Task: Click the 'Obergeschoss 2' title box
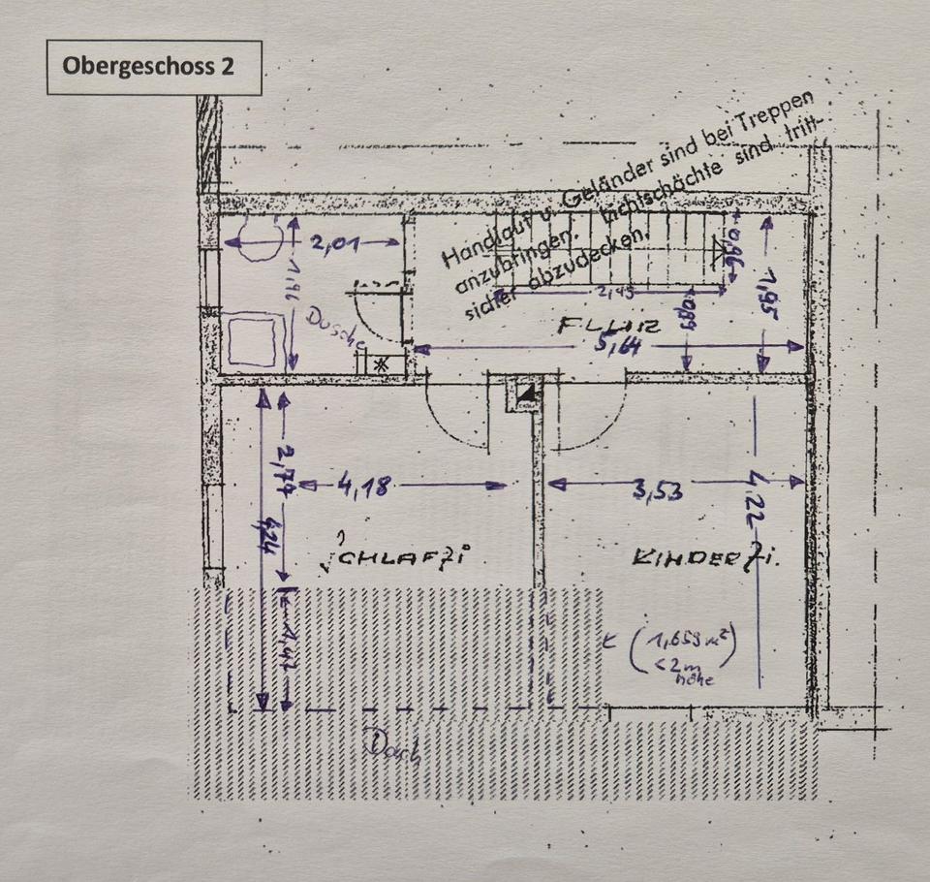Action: pos(154,67)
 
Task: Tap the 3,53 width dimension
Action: pos(658,489)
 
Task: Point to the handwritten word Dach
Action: pos(393,747)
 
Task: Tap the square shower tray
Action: pos(251,339)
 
